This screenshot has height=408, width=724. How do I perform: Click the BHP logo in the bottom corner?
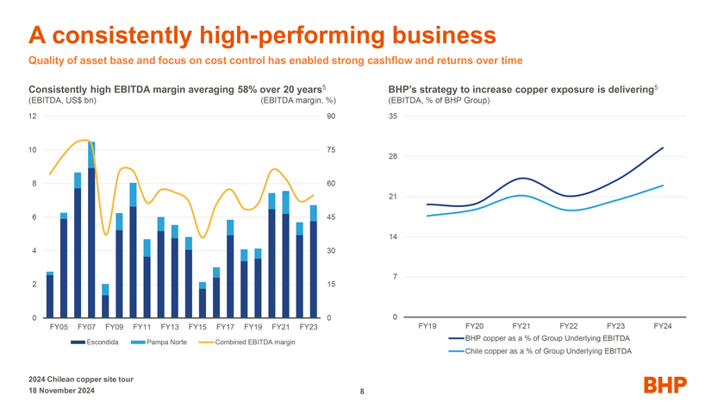[x=664, y=385]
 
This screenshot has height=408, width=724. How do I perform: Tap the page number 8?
[x=362, y=392]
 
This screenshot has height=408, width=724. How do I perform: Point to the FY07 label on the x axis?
[x=86, y=327]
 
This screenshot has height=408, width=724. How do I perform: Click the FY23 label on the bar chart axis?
[x=309, y=327]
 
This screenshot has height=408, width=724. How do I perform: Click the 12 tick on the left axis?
[x=32, y=116]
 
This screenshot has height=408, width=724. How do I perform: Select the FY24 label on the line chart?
[x=662, y=325]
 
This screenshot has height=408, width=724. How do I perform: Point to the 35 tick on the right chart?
[x=393, y=116]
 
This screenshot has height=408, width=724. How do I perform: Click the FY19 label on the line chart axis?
[x=427, y=325]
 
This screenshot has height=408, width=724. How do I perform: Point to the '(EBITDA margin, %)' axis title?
[x=297, y=101]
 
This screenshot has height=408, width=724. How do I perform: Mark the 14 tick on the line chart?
[x=393, y=236]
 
